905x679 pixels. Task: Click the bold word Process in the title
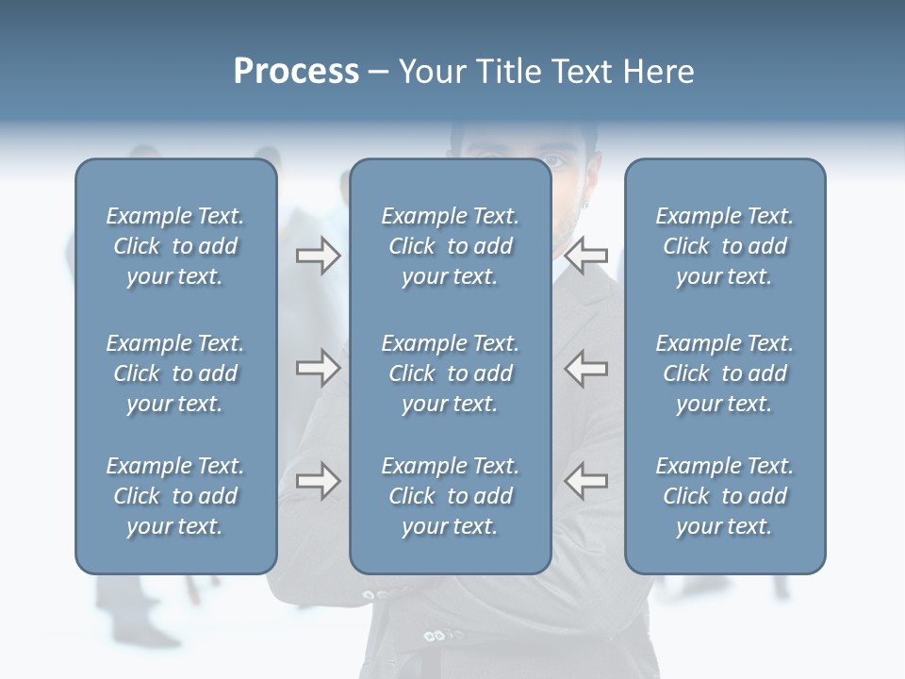pos(296,72)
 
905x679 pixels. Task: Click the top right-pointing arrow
pos(318,256)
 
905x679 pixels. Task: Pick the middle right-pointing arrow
pos(318,367)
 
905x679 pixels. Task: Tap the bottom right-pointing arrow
pos(318,480)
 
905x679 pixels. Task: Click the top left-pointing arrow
pos(586,256)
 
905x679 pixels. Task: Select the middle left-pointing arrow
pos(586,367)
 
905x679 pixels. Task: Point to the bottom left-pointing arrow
pos(586,480)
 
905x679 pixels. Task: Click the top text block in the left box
pos(175,246)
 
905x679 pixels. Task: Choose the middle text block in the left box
pos(175,373)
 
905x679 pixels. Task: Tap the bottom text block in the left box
pos(175,496)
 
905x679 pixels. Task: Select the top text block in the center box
pos(450,246)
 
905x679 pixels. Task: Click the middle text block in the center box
pos(450,373)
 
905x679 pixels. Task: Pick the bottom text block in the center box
pos(450,496)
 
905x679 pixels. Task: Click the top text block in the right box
pos(724,246)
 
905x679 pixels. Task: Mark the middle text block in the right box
pos(724,373)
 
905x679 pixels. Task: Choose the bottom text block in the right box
pos(724,496)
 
